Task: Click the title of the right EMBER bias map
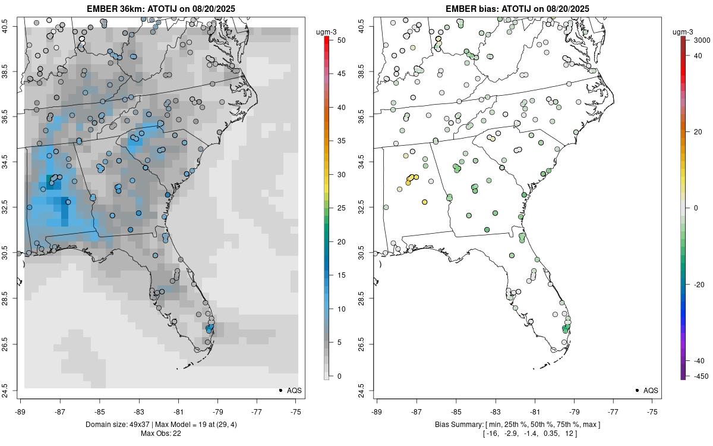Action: [x=518, y=8]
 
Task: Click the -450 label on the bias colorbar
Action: [x=692, y=376]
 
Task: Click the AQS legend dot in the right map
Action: [x=637, y=391]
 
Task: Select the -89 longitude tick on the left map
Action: [x=20, y=410]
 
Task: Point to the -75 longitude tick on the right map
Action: [x=652, y=410]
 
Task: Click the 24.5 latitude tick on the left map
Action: [x=12, y=390]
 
